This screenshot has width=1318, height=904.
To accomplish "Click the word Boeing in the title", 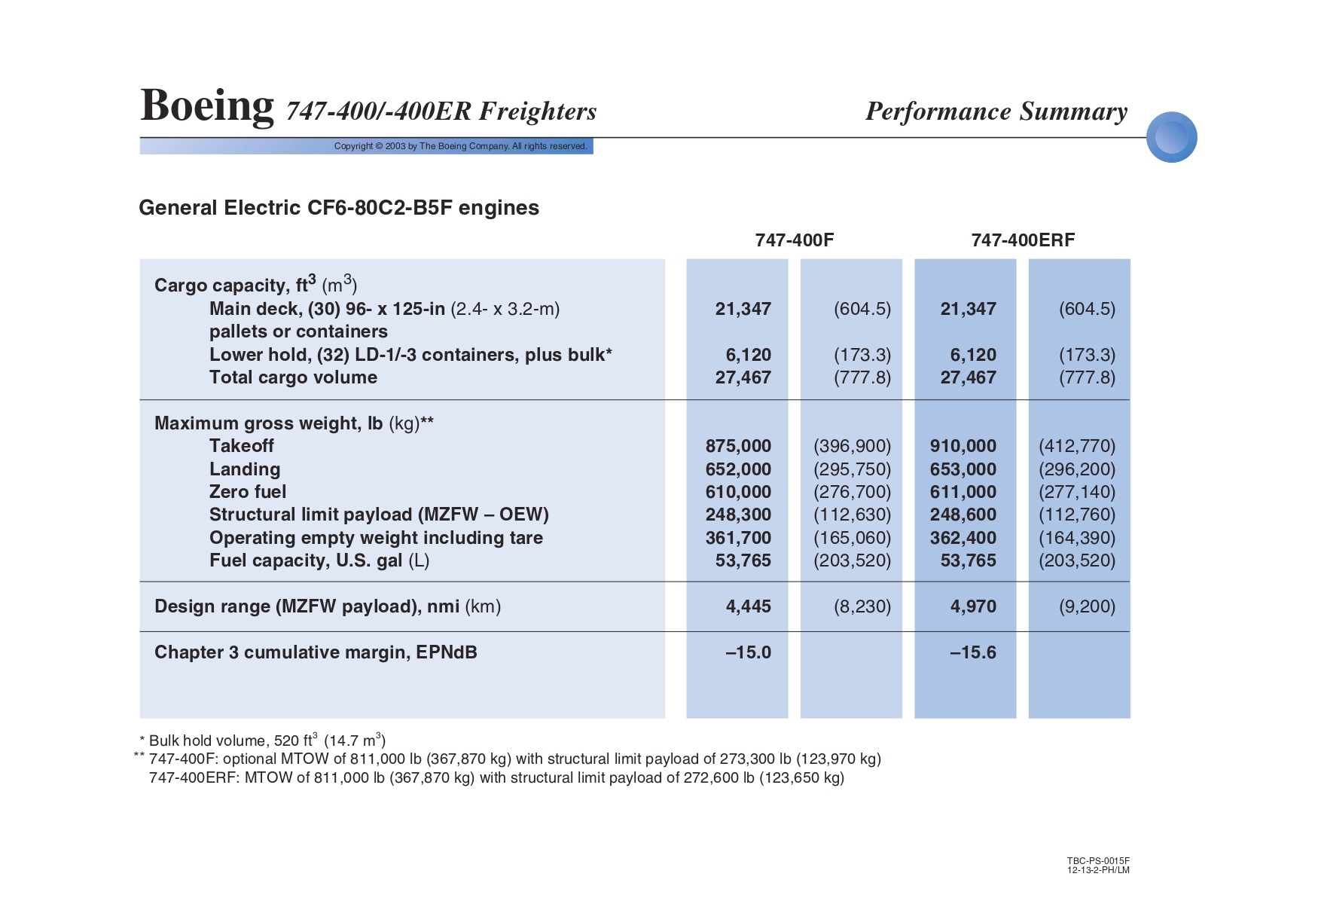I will pyautogui.click(x=207, y=105).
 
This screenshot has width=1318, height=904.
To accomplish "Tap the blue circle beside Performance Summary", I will pyautogui.click(x=1171, y=137).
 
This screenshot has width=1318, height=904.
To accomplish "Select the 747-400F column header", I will pyautogui.click(x=795, y=240).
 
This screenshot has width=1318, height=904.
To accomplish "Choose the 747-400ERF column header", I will pyautogui.click(x=1023, y=240).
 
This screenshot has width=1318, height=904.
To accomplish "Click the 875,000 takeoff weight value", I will pyautogui.click(x=738, y=446).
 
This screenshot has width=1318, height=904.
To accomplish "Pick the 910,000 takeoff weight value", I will pyautogui.click(x=963, y=446).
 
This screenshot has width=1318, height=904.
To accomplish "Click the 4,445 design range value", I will pyautogui.click(x=748, y=606).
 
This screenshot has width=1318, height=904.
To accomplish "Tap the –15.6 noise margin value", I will pyautogui.click(x=972, y=652).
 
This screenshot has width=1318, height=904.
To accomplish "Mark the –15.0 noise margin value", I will pyautogui.click(x=748, y=652).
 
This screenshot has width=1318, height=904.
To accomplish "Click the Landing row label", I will pyautogui.click(x=245, y=469).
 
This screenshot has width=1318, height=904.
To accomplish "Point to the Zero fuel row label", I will pyautogui.click(x=248, y=492).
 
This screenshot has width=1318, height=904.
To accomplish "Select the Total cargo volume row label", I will pyautogui.click(x=293, y=377).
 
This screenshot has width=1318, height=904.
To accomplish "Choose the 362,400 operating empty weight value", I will pyautogui.click(x=963, y=538).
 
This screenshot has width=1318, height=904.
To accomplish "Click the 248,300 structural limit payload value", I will pyautogui.click(x=738, y=515).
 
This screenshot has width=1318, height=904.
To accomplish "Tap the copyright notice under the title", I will pyautogui.click(x=460, y=146).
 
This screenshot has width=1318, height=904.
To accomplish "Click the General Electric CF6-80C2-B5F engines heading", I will pyautogui.click(x=339, y=208).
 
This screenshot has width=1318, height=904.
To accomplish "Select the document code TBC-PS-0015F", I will pyautogui.click(x=1098, y=861).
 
